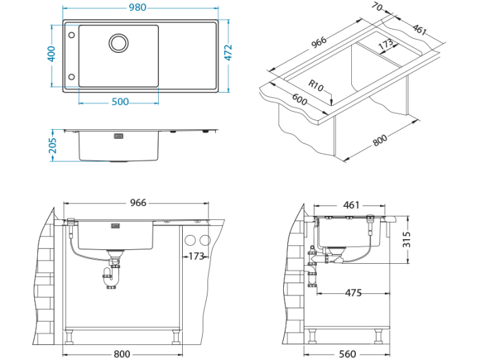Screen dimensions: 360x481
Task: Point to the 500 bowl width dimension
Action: [x=120, y=102]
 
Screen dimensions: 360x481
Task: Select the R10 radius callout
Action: [x=315, y=85]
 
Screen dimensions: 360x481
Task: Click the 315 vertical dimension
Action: [x=406, y=239]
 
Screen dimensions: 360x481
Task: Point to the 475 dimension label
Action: [x=352, y=293]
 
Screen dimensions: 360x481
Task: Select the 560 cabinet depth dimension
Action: [x=348, y=353]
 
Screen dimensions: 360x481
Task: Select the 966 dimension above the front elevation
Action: [x=138, y=203]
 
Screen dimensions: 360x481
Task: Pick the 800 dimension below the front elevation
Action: [x=121, y=353]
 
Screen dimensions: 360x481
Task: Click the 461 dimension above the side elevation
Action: [x=351, y=205]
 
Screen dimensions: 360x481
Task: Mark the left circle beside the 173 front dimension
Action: [x=190, y=240]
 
